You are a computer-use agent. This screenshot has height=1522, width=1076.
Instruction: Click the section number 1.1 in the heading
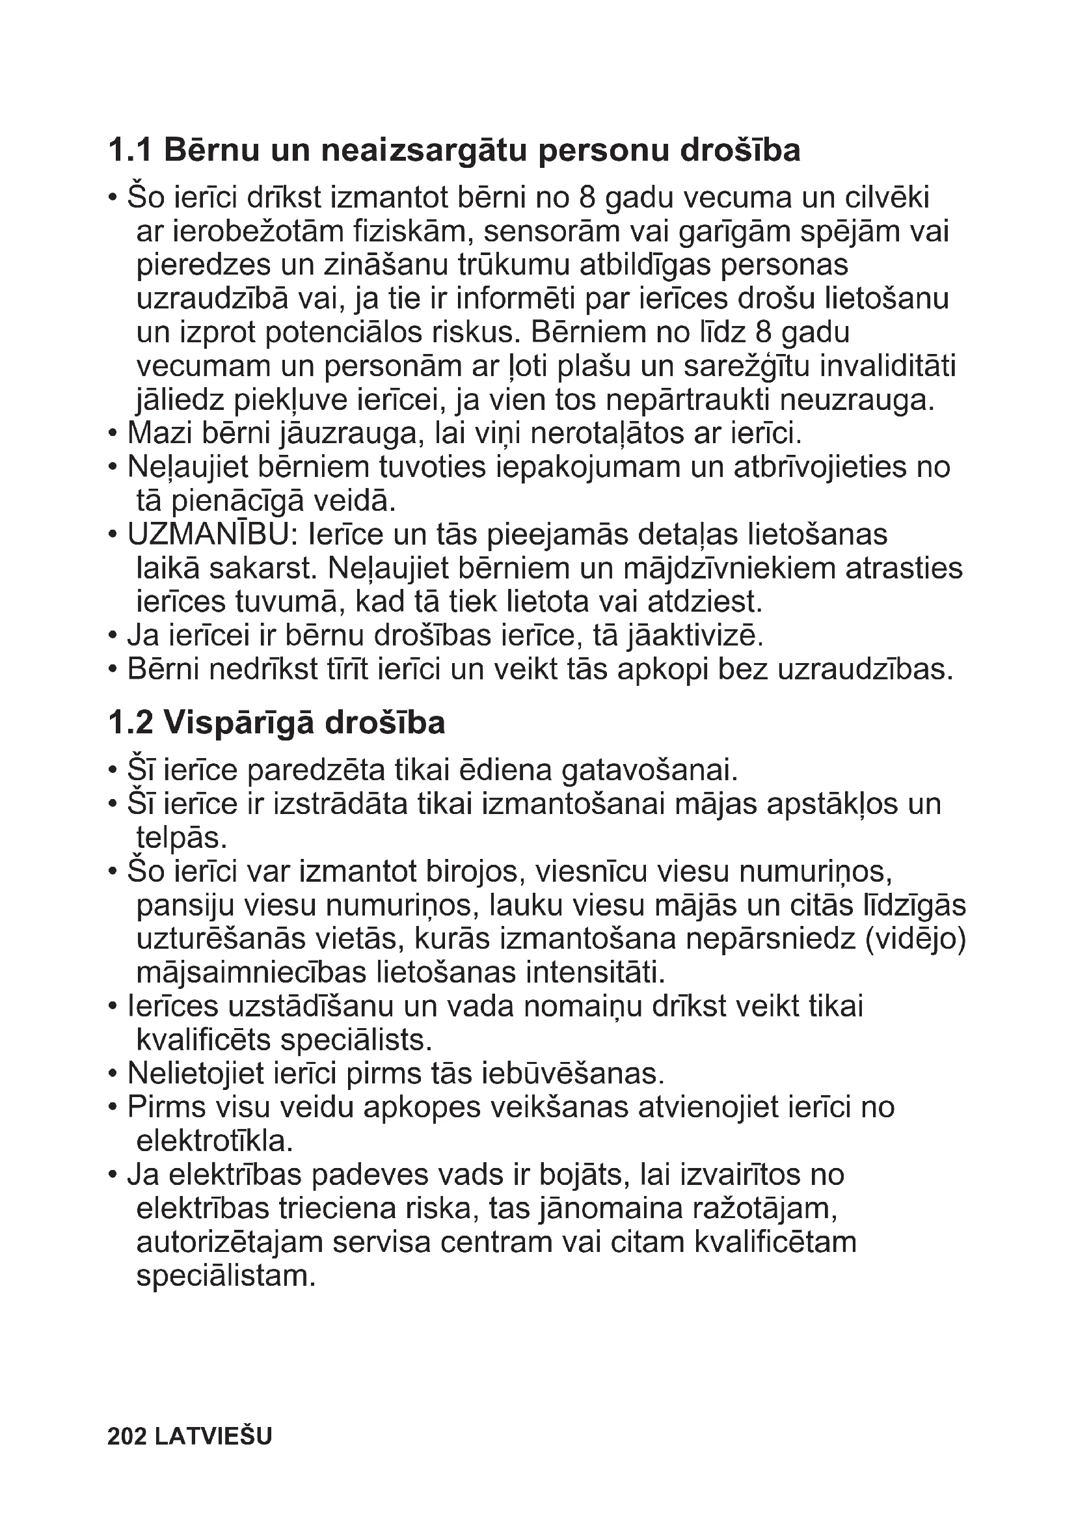coord(130,150)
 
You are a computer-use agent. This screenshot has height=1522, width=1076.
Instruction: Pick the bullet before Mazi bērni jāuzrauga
coord(113,434)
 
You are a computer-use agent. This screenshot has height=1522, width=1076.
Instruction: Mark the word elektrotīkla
coord(214,1141)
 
